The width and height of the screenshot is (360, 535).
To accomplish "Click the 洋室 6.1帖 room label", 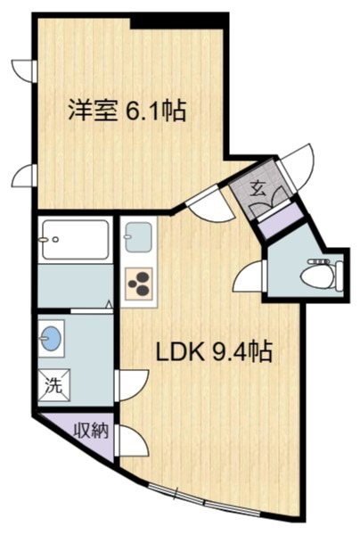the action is pyautogui.click(x=127, y=110).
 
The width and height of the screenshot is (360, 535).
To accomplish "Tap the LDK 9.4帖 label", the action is pyautogui.click(x=214, y=351).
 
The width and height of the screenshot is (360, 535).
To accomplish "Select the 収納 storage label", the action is pyautogui.click(x=92, y=431).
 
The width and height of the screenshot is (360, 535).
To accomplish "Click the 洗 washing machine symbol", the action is pyautogui.click(x=53, y=385).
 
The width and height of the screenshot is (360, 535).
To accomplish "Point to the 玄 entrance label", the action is pyautogui.click(x=258, y=190).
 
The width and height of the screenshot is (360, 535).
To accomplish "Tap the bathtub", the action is pyautogui.click(x=76, y=239).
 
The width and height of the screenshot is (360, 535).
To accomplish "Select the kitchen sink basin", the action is pyautogui.click(x=138, y=237).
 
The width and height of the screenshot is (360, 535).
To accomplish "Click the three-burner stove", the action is pyautogui.click(x=139, y=284).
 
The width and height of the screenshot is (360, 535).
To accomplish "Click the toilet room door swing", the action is pyautogui.click(x=250, y=276).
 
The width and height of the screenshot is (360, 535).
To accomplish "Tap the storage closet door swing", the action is pyautogui.click(x=132, y=440).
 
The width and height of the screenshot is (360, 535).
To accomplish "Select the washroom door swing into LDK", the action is pyautogui.click(x=132, y=385).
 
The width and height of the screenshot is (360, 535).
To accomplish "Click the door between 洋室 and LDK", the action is pyautogui.click(x=211, y=205).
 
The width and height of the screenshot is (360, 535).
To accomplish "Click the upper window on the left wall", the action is pyautogui.click(x=25, y=70).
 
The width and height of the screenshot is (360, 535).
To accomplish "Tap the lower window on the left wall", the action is pyautogui.click(x=25, y=176).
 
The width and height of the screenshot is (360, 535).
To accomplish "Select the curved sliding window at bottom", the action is pyautogui.click(x=205, y=499).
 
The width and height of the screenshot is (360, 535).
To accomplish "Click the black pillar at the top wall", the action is pyautogui.click(x=180, y=21).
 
